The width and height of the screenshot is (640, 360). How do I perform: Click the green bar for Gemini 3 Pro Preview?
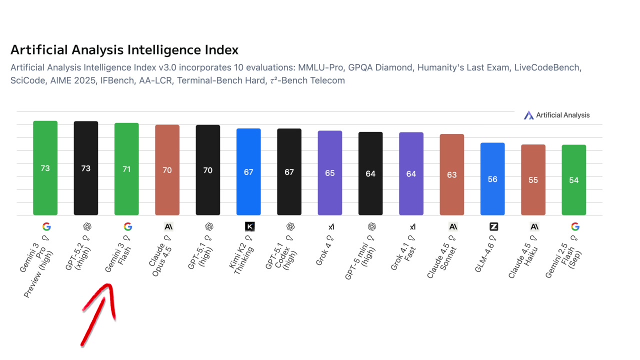coord(45,168)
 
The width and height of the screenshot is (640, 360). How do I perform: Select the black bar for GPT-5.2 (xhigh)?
coord(86,168)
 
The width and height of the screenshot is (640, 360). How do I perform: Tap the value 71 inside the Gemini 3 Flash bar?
coord(126,169)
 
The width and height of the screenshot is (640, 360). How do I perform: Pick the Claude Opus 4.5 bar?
coord(167,170)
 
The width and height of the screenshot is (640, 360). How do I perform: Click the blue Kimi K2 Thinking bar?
coord(248,172)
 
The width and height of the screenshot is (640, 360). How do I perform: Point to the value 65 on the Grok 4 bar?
coord(330,173)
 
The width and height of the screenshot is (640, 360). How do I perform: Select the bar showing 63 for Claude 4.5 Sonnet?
coord(452,174)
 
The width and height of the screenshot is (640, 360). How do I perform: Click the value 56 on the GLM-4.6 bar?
coord(492,179)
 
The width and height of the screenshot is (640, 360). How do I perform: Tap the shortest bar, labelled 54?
coord(574,180)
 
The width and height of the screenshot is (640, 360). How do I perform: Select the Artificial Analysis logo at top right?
coord(556,115)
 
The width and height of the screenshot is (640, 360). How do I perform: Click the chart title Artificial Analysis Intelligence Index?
coord(124,50)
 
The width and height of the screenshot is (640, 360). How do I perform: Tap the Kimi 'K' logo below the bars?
coord(250,226)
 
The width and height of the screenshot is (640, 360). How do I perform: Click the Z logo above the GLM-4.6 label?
coord(494,226)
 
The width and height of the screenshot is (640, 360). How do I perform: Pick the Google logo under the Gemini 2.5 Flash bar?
coord(575,226)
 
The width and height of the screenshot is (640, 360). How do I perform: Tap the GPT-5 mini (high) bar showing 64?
coord(370,173)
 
